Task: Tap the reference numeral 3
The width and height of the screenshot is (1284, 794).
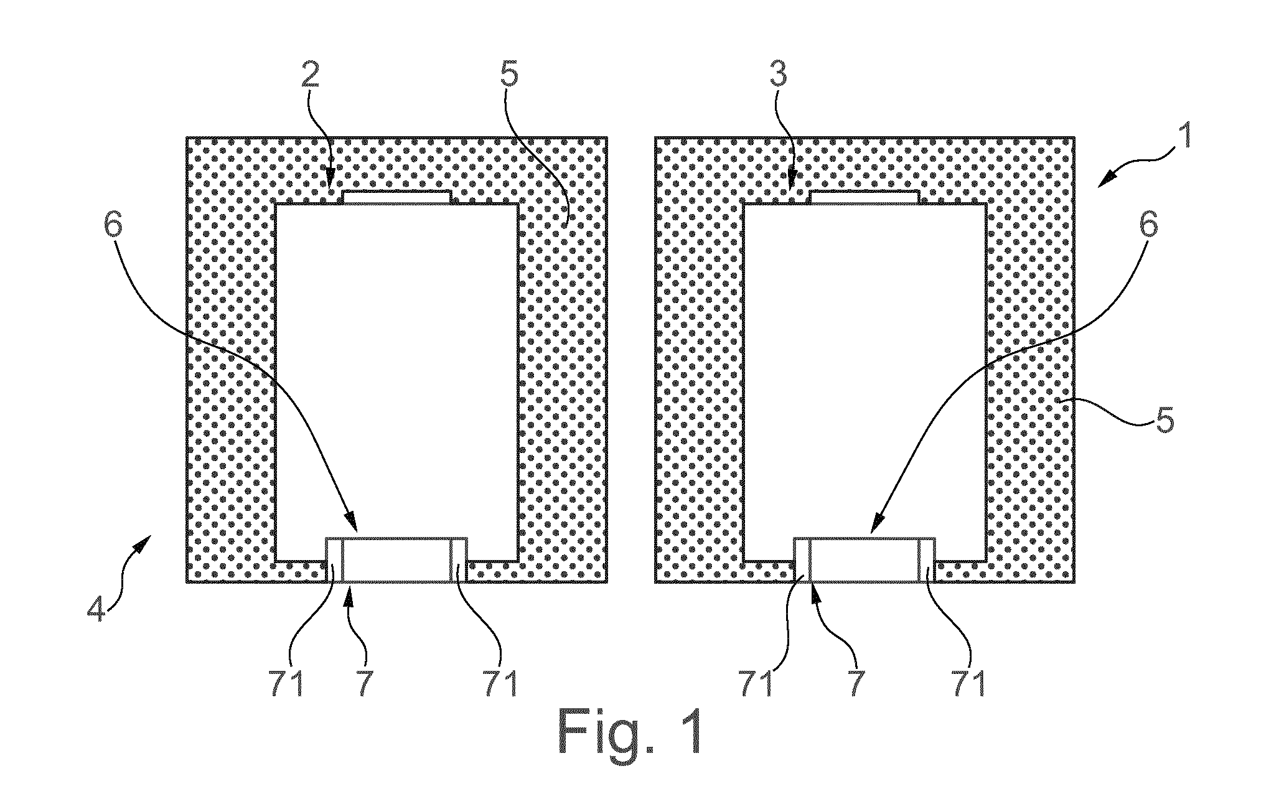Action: tap(777, 75)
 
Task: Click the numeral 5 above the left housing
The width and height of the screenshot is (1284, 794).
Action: tap(508, 75)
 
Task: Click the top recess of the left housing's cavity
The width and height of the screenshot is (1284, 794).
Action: tap(397, 197)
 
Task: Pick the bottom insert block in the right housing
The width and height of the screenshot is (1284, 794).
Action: tap(865, 560)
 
